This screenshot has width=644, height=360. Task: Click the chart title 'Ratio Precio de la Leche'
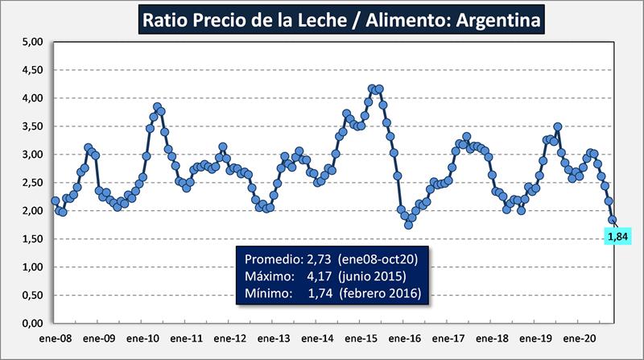[x=339, y=19]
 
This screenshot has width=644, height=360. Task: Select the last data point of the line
[x=613, y=220]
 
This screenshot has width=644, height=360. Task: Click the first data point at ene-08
[x=55, y=201]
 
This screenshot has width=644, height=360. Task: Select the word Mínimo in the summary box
[x=266, y=295]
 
